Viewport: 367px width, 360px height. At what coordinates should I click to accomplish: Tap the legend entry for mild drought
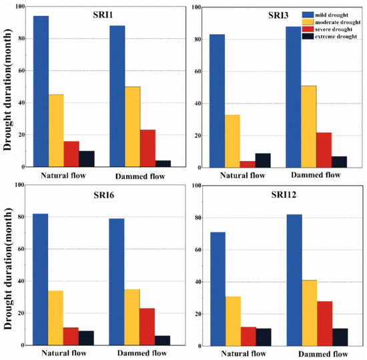[333, 14]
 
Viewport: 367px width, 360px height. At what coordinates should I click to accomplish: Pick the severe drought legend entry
[334, 29]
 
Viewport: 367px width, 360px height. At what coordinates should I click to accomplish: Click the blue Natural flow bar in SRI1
[41, 91]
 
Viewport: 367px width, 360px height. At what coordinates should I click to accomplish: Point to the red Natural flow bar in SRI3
[248, 164]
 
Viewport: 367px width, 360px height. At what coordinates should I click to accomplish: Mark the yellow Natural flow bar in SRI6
[56, 318]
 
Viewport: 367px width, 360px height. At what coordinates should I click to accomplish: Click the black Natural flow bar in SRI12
[264, 337]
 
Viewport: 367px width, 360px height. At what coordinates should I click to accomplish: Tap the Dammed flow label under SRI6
[141, 353]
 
